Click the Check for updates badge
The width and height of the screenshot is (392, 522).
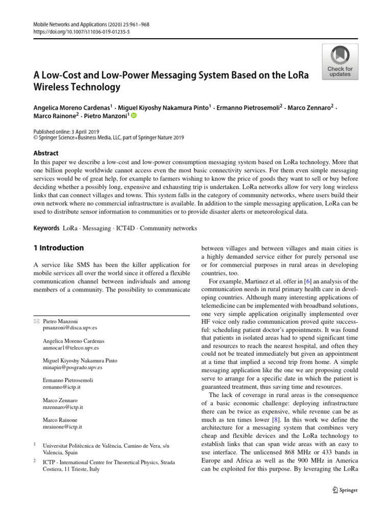tap(339, 61)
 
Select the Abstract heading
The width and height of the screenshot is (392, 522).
tap(46, 153)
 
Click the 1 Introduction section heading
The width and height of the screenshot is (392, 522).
tap(59, 248)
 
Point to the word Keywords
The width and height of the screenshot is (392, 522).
tap(46, 228)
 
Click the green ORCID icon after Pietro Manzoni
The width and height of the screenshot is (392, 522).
tap(134, 115)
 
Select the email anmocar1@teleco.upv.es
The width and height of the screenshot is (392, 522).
tap(71, 348)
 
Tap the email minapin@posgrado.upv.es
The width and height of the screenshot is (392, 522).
tap(72, 367)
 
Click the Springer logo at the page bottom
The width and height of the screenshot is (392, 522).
tap(345, 490)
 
